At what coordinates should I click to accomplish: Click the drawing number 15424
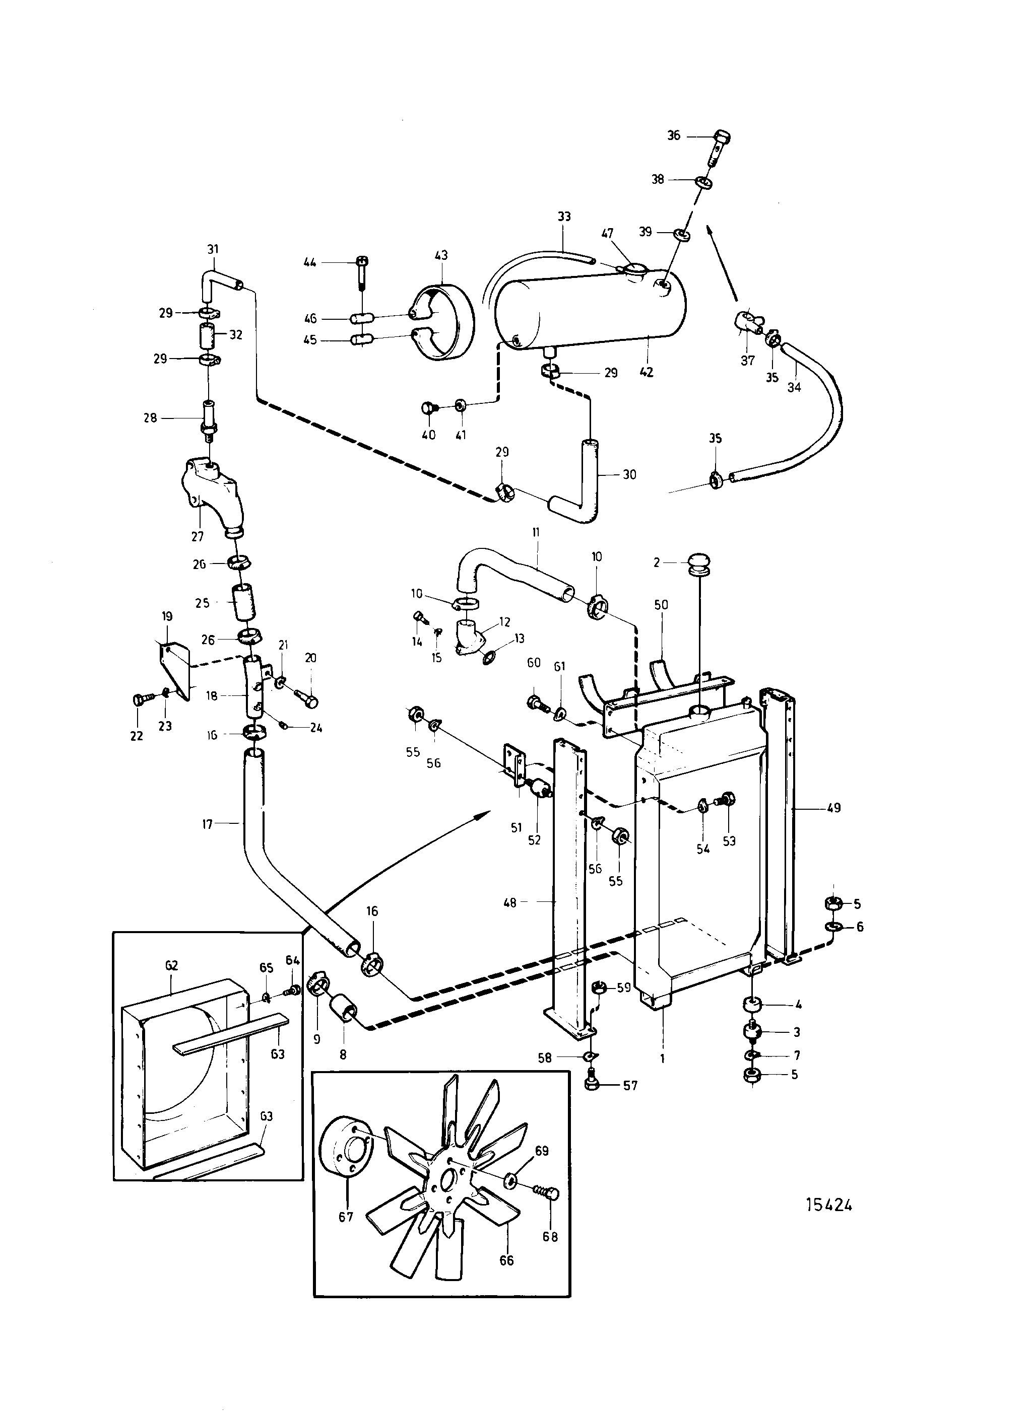pos(829,1205)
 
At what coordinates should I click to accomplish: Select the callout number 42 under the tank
pos(647,372)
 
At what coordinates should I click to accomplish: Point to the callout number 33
pos(564,217)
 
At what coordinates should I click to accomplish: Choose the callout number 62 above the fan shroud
pos(172,965)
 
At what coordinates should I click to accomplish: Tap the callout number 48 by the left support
pos(510,902)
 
